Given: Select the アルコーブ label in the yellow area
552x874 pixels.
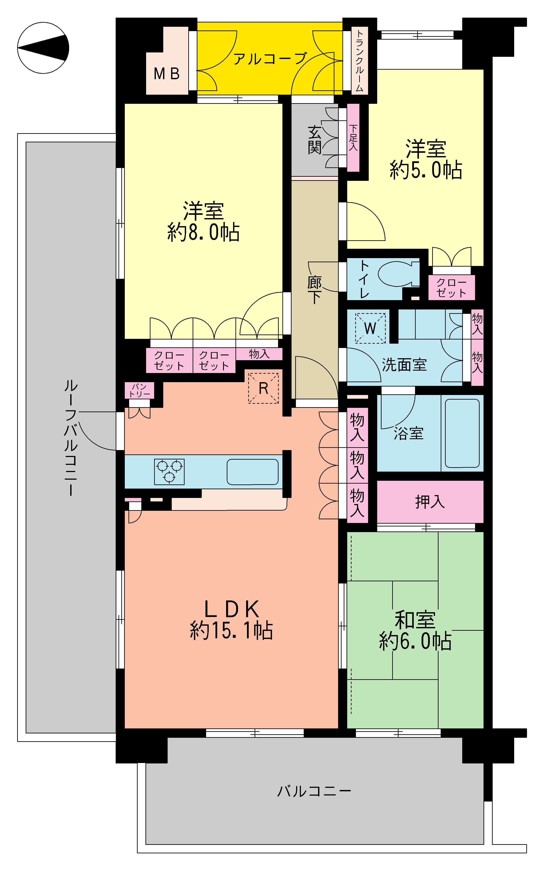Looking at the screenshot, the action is point(270,59).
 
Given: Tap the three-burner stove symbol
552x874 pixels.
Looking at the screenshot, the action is point(169,471).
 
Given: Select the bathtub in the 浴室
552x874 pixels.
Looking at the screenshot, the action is point(462,433).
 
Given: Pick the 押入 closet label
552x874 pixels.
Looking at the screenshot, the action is point(430,502).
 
